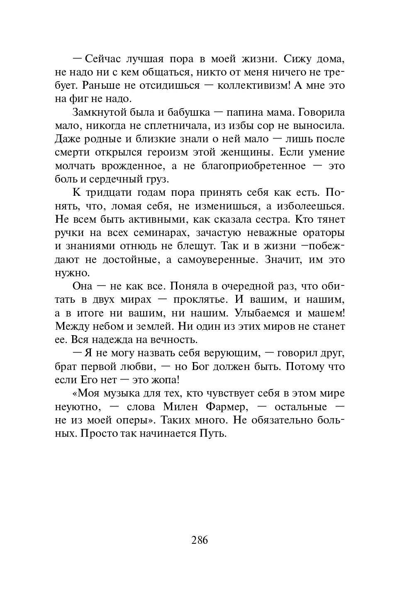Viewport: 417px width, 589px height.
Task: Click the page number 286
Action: [200, 540]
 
